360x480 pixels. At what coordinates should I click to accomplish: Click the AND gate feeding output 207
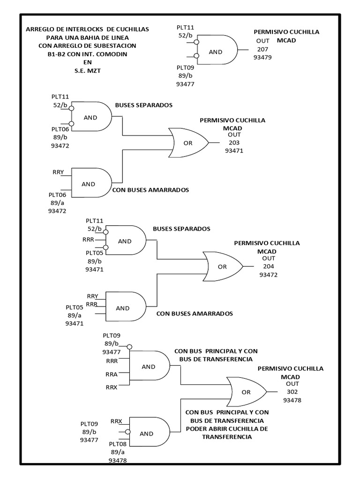pyautogui.click(x=217, y=50)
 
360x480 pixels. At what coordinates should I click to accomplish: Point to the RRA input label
pyautogui.click(x=112, y=374)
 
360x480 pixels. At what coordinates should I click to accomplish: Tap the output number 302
pyautogui.click(x=293, y=392)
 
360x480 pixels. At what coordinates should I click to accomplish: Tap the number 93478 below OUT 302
pyautogui.click(x=292, y=400)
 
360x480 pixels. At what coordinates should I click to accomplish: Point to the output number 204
pyautogui.click(x=269, y=267)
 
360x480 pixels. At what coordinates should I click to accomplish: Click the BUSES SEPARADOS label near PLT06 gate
pyautogui.click(x=144, y=105)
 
